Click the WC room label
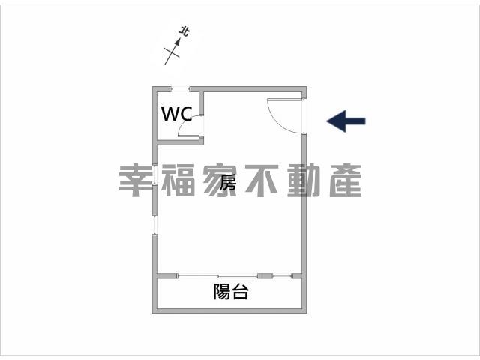tap(177, 113)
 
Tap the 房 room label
tap(228, 182)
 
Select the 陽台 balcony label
tap(231, 291)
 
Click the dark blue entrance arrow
tap(346, 121)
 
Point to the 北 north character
tap(184, 31)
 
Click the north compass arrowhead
tap(177, 42)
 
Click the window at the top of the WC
tap(180, 89)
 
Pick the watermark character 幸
tap(136, 181)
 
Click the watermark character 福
tap(178, 181)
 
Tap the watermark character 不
tap(262, 181)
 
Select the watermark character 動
tap(304, 181)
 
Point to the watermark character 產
tap(346, 181)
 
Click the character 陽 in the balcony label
tap(222, 291)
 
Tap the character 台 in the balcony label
tap(240, 291)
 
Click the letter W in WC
tap(169, 113)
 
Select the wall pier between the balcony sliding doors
tap(265, 276)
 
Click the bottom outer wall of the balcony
tap(229, 311)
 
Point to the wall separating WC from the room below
tap(180, 142)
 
